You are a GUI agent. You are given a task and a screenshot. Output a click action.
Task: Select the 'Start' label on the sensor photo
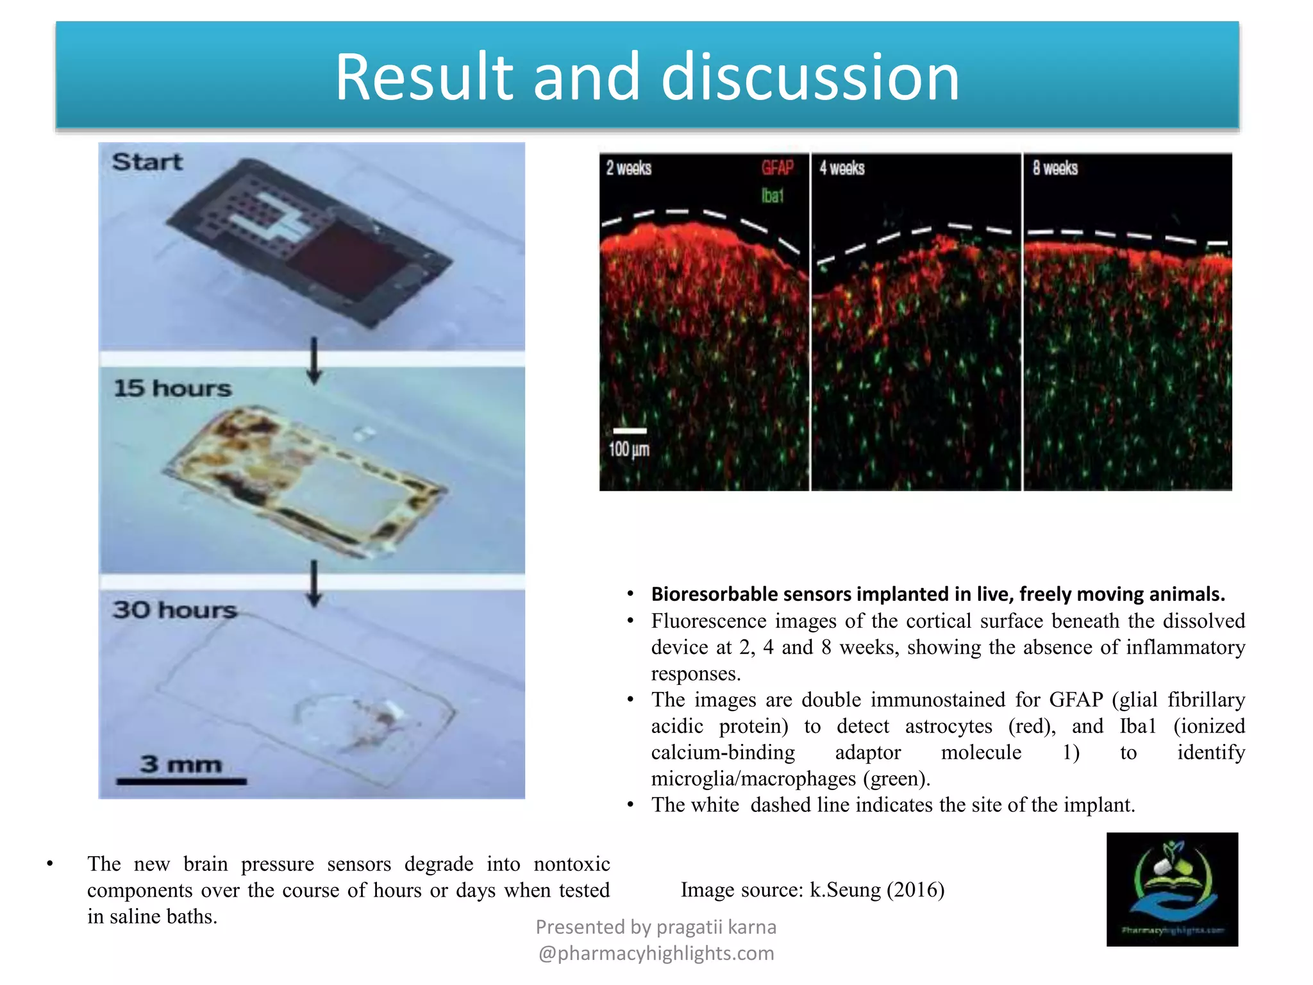pos(147,162)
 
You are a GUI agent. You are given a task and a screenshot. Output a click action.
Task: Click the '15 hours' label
pos(172,388)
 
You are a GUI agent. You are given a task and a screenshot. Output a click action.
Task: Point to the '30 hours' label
pos(174,609)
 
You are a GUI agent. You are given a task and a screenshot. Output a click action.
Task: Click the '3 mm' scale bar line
pos(181,781)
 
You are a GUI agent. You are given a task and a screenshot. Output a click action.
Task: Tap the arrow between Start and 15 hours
pos(314,360)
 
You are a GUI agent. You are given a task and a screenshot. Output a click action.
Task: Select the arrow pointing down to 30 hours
pos(314,583)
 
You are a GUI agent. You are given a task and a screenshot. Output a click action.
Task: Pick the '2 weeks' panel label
pos(629,168)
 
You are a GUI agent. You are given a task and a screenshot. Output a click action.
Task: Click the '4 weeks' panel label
pos(842,168)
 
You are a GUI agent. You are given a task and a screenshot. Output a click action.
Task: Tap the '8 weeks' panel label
pos(1055,168)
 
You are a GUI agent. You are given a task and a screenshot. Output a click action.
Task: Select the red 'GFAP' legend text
pos(777,168)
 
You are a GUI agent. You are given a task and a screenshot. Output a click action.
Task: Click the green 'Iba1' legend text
pos(773,196)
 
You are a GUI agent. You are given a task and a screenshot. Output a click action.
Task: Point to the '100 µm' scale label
pos(629,449)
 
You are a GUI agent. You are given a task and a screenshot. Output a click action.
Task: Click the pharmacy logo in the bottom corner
pos(1172,889)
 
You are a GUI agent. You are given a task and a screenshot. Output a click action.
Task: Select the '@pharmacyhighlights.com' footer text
pos(656,954)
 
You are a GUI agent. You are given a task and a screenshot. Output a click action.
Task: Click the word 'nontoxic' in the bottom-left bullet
pos(571,864)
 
